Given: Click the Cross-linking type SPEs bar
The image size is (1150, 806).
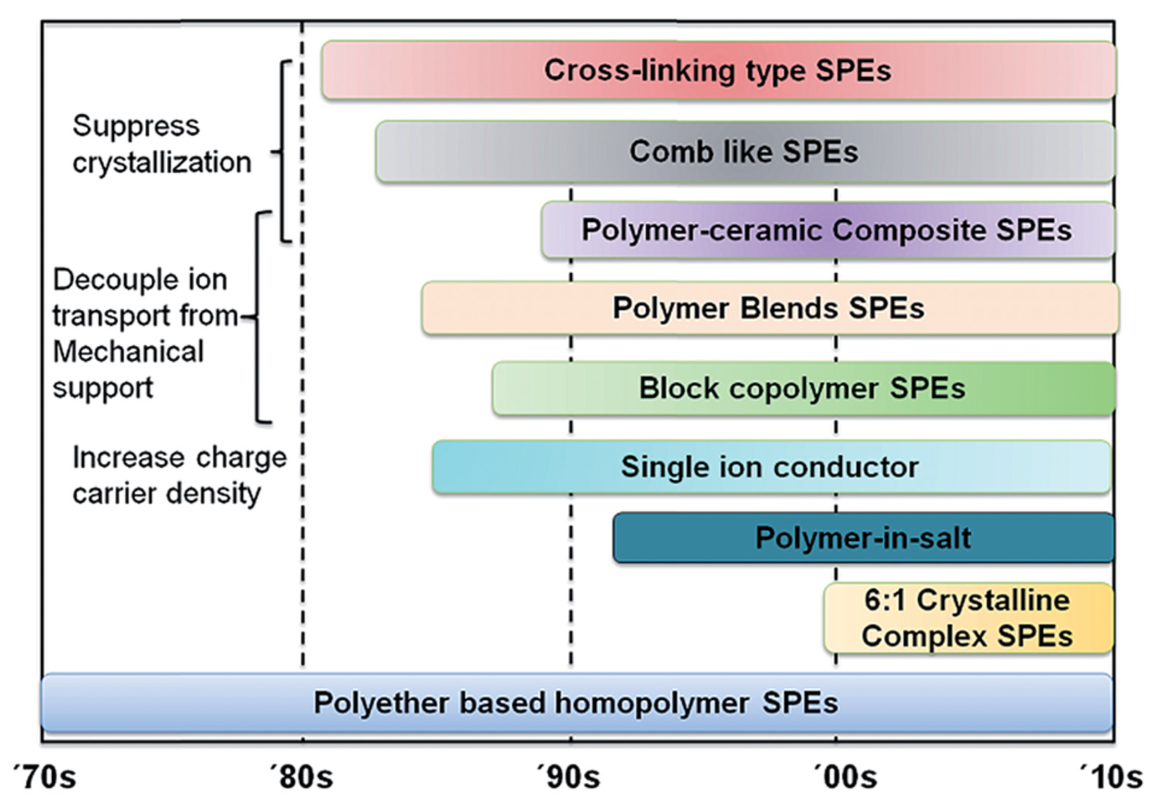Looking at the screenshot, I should point(718,70).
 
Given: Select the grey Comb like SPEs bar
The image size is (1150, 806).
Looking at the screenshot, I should point(744,151).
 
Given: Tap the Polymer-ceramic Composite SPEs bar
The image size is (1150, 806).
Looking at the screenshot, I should point(826,230).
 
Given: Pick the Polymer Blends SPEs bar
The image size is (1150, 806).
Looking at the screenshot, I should point(769,308).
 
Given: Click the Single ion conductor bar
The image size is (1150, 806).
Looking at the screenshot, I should point(770,467).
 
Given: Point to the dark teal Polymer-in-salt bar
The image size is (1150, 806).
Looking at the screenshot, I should point(863,538).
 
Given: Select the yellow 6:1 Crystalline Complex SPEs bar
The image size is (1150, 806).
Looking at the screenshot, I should point(967,618).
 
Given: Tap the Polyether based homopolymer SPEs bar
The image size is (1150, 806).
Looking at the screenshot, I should point(576,703).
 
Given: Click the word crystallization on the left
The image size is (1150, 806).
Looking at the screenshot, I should point(162,163).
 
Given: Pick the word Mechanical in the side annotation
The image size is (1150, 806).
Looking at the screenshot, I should point(128,351).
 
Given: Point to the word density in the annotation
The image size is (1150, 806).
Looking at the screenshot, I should point(214,494).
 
